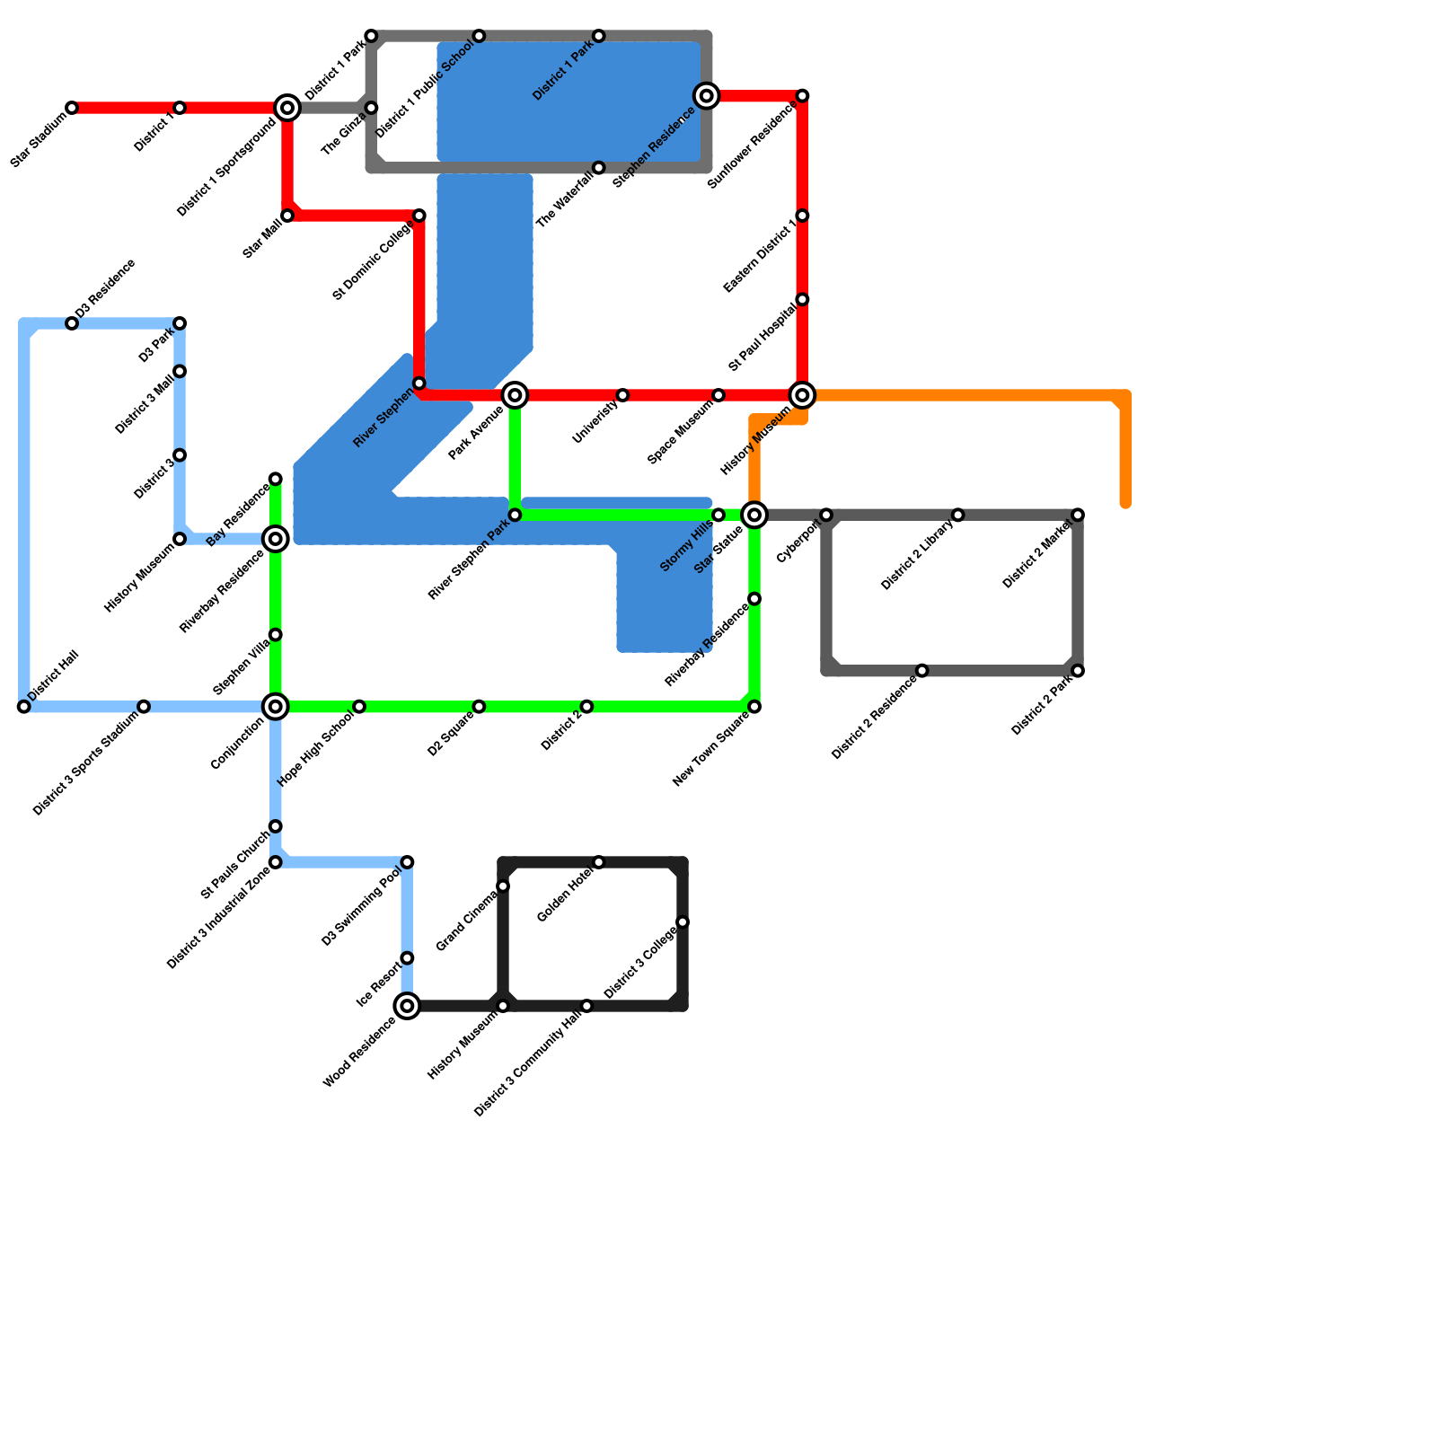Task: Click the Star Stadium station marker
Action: [x=72, y=108]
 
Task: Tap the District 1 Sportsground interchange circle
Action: [x=287, y=108]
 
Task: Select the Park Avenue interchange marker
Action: [x=515, y=395]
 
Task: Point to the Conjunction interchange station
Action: [x=276, y=707]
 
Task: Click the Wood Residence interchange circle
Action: [x=408, y=1006]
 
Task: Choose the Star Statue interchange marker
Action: [x=754, y=515]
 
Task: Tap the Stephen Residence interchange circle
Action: [x=707, y=96]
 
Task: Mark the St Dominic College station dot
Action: [x=419, y=216]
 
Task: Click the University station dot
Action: [x=622, y=395]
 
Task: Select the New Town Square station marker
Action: [x=754, y=707]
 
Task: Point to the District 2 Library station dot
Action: [x=958, y=515]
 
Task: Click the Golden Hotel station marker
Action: [x=599, y=862]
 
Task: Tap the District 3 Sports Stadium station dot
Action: [x=144, y=707]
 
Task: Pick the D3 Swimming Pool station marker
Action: [x=408, y=862]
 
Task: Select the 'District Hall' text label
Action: [x=54, y=675]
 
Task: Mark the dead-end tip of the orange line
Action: [x=1125, y=505]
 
